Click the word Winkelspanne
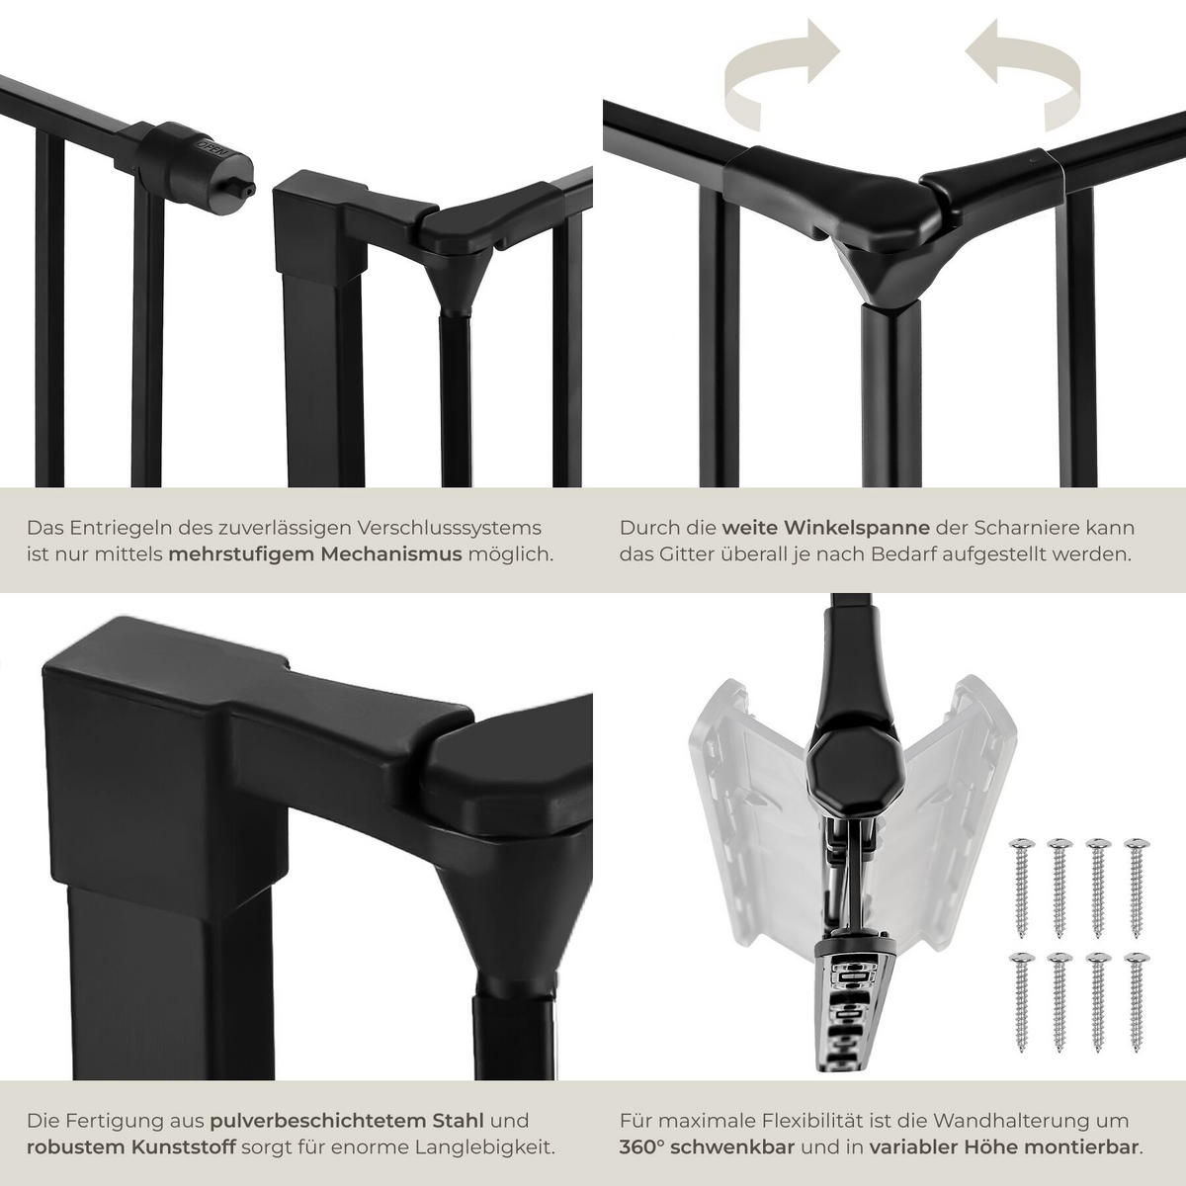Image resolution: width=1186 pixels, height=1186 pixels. pyautogui.click(x=825, y=528)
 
